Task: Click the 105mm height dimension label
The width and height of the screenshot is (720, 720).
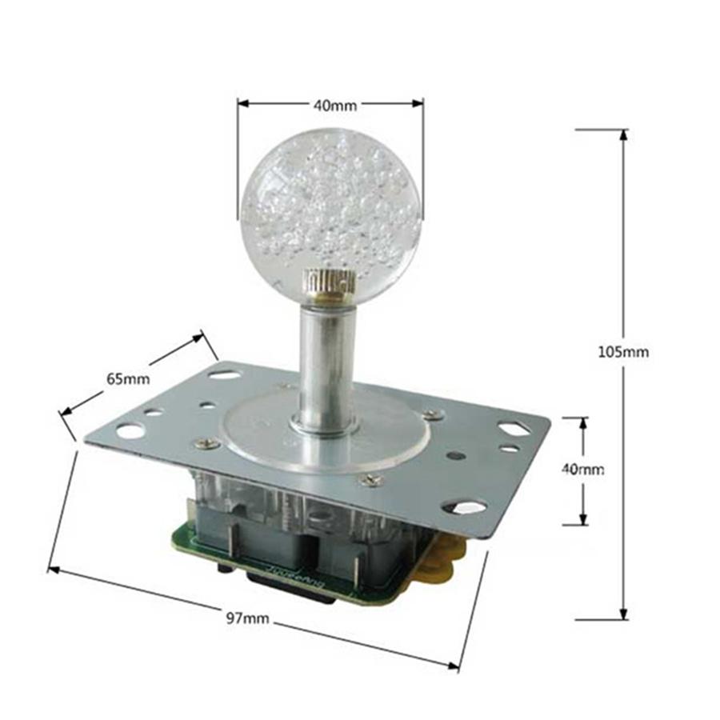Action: pos(623,352)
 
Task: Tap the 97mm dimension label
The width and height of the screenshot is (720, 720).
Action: pos(247,618)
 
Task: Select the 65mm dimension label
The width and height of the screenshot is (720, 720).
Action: pos(129,379)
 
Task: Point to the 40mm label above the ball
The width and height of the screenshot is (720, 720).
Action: pos(335,106)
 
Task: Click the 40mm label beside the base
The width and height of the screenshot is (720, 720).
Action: pos(583,469)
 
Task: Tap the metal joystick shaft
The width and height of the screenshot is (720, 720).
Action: pos(327,367)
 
